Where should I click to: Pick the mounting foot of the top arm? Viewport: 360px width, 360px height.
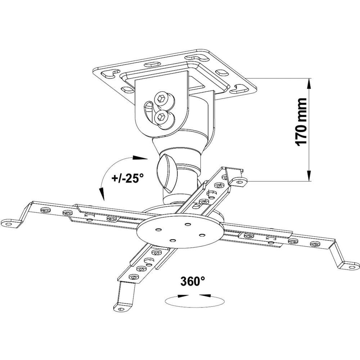pos(239,182)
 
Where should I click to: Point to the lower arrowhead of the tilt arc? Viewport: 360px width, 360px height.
pos(102,194)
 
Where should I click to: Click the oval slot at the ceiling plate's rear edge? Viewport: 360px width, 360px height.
pos(153,64)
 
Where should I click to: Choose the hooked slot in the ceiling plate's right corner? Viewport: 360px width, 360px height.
pos(239,89)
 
